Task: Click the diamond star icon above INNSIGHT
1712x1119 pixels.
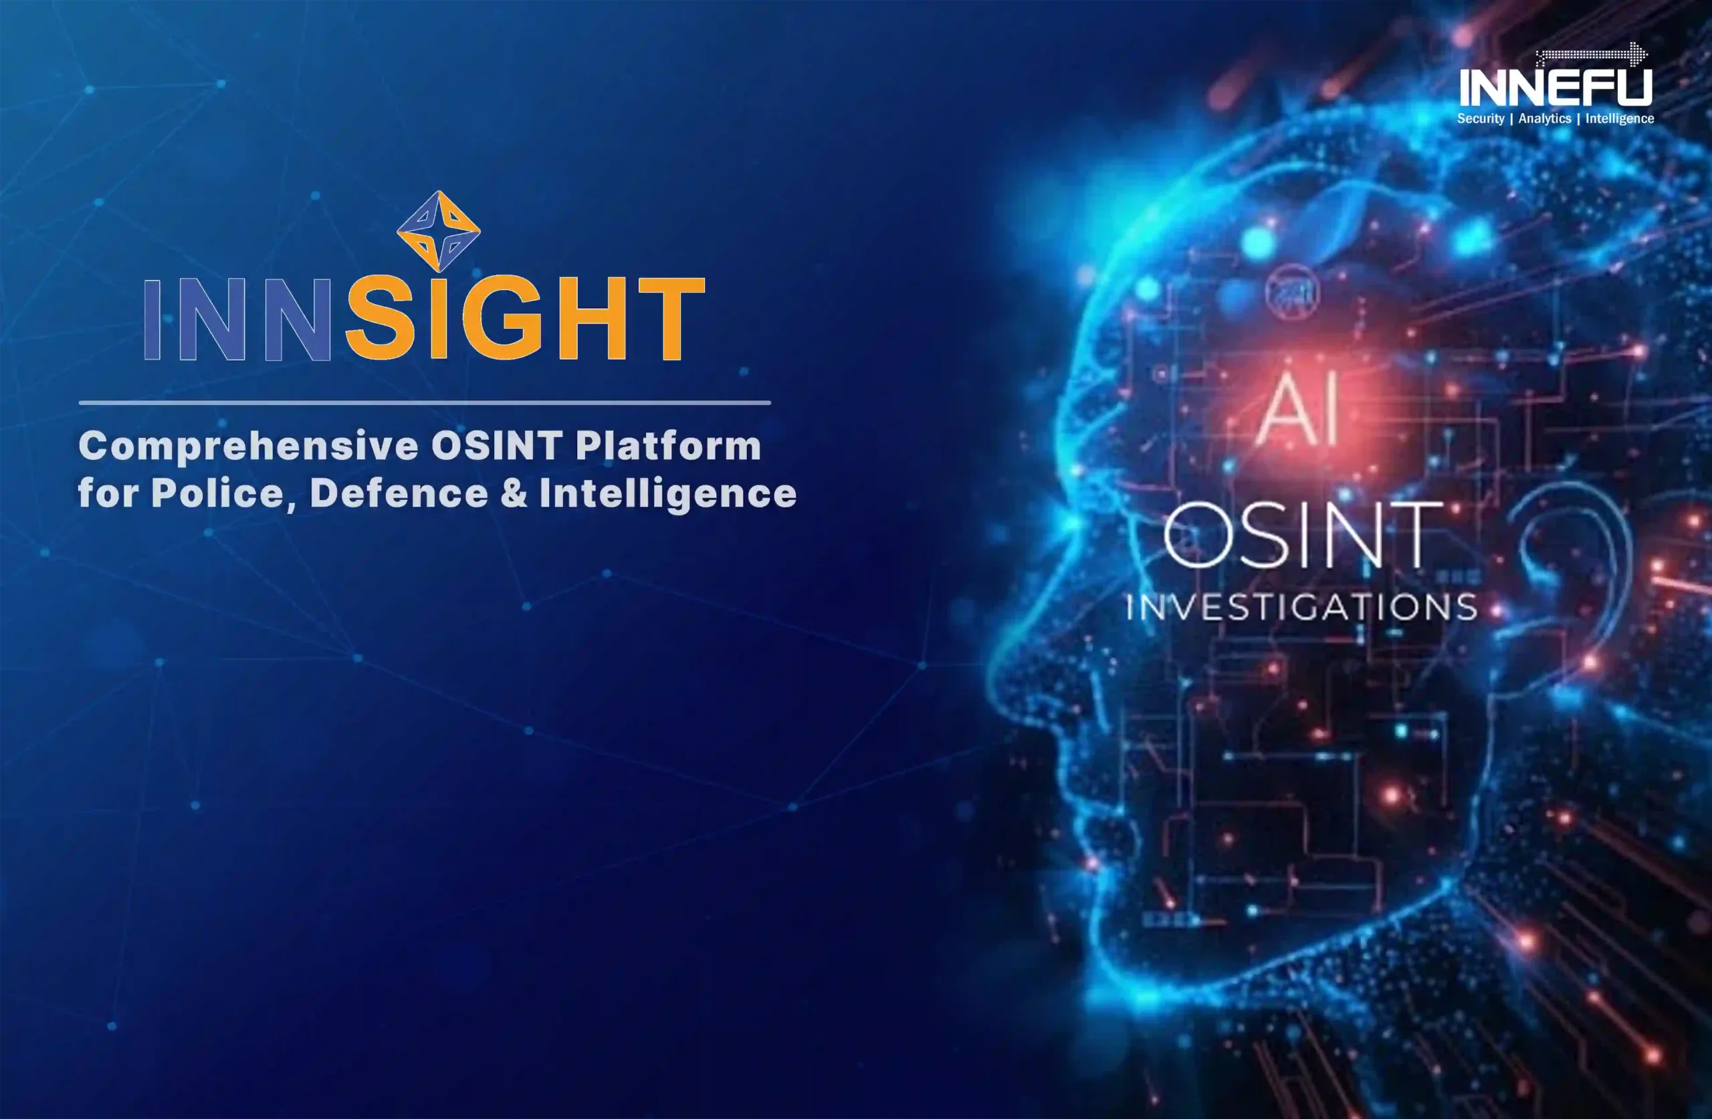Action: click(438, 231)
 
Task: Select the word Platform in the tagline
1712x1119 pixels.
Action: click(668, 446)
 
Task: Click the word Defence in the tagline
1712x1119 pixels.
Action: click(399, 494)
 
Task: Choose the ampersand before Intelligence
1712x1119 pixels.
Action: click(514, 494)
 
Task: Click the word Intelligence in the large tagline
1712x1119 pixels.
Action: click(667, 495)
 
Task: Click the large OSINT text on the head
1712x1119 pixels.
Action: click(1303, 535)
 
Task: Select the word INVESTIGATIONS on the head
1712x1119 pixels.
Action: click(1301, 607)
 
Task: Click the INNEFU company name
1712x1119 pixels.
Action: click(1556, 87)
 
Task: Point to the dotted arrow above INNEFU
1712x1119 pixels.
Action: click(1591, 54)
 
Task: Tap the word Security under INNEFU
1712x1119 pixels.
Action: click(1481, 119)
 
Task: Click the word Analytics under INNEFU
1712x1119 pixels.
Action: click(1544, 119)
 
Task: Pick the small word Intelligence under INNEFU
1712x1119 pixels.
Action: click(1619, 119)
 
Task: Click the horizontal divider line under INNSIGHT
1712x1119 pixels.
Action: click(425, 402)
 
